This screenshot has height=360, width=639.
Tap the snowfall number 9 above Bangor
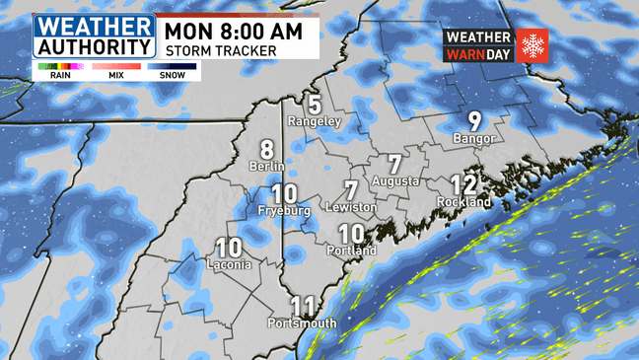click(x=474, y=121)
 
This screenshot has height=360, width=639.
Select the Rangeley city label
click(x=314, y=121)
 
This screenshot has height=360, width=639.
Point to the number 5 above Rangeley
click(x=315, y=104)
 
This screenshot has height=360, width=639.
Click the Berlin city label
click(x=267, y=168)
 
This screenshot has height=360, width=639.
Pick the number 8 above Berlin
click(x=267, y=150)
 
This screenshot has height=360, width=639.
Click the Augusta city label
click(x=395, y=181)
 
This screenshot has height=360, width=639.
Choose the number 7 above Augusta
click(x=395, y=164)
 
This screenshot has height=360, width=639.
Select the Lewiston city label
click(x=351, y=208)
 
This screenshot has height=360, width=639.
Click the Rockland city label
click(x=463, y=202)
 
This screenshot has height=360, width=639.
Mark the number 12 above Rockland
click(x=463, y=184)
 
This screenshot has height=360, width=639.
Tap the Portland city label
click(x=351, y=252)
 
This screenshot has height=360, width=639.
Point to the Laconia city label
click(x=229, y=265)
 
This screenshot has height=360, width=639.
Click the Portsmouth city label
click(x=302, y=324)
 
